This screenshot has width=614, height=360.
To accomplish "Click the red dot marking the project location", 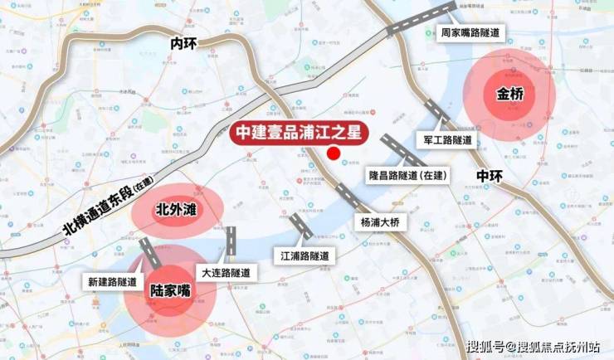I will pyautogui.click(x=334, y=153).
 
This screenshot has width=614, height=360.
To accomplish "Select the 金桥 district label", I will pyautogui.click(x=510, y=93).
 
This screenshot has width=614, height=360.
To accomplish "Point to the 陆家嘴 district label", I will pyautogui.click(x=169, y=292).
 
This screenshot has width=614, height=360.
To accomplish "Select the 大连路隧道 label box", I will pyautogui.click(x=225, y=272).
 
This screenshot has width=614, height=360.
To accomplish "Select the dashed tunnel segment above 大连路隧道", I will pyautogui.click(x=231, y=241).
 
